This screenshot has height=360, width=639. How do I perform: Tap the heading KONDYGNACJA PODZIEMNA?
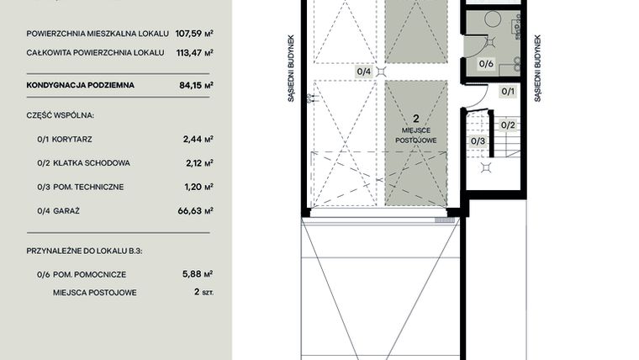[x=80, y=85]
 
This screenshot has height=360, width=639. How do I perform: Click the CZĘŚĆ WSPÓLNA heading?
[x=60, y=113]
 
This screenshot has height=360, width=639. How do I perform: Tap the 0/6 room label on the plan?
[x=486, y=63]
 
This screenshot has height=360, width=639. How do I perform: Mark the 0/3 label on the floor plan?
[x=478, y=140]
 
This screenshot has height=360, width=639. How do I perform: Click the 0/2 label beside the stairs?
[x=507, y=125]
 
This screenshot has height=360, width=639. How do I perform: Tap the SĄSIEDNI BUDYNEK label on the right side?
[x=536, y=68]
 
